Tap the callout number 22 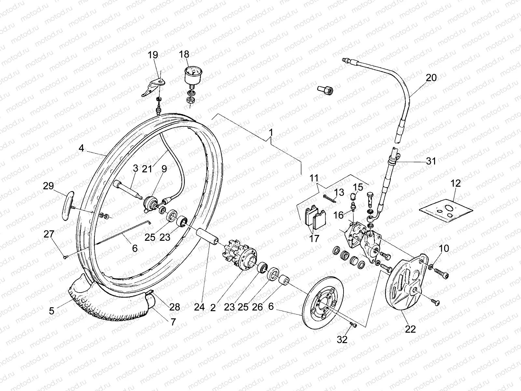coord(410,329)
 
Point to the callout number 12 coord(456,183)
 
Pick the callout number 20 coord(431,78)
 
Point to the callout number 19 coord(153,54)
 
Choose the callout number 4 coord(81,148)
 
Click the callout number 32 coord(342,340)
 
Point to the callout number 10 coord(444,249)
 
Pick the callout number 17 coord(315,238)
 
